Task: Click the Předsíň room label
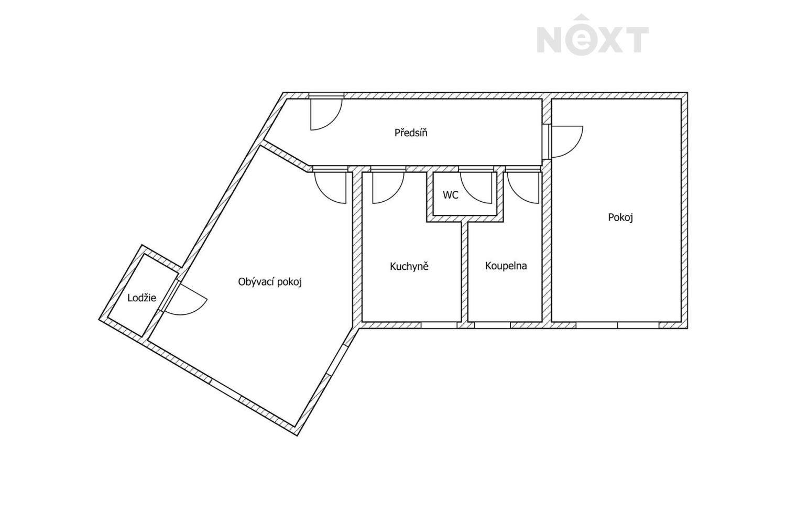410,133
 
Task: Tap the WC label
451,195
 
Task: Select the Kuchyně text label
409,266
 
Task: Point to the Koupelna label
506,266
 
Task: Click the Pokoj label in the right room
620,217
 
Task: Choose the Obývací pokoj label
270,282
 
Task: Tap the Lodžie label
142,298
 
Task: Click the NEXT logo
592,34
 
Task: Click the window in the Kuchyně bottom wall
439,325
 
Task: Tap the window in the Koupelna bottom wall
493,325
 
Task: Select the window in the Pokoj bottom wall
617,325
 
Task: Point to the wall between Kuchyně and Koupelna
465,272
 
